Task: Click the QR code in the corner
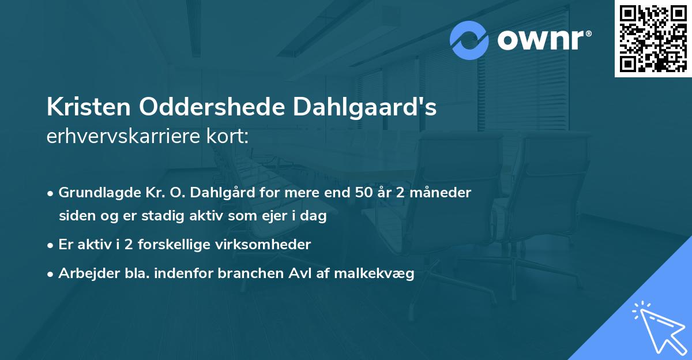653,39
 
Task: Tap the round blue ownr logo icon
469,40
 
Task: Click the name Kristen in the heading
88,108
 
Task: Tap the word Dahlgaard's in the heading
365,108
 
